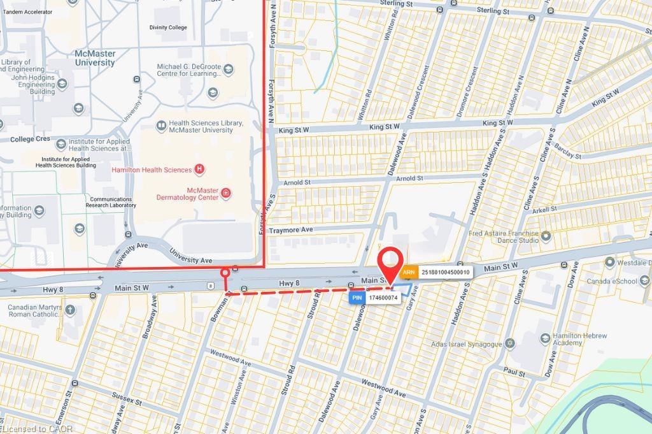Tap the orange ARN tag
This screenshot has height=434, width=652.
[x=409, y=272]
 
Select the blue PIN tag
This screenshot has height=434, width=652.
[x=357, y=297]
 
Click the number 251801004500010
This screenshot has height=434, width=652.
[x=445, y=272]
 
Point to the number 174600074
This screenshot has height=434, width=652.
[x=383, y=298]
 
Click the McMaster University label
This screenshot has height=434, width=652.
[x=95, y=58]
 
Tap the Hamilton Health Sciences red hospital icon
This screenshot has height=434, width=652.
[x=200, y=170]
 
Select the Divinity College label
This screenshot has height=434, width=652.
[x=168, y=27]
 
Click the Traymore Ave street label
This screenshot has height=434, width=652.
[x=291, y=229]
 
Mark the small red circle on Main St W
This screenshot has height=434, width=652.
[x=225, y=273]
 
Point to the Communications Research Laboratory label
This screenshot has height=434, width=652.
[x=112, y=202]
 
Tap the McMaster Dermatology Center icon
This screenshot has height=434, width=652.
[x=226, y=193]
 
